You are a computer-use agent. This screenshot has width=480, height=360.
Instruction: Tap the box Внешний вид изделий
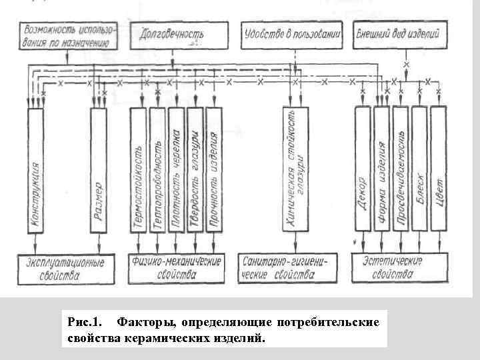click(x=401, y=36)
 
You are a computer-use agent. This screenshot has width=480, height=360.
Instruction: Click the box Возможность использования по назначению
click(x=69, y=36)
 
